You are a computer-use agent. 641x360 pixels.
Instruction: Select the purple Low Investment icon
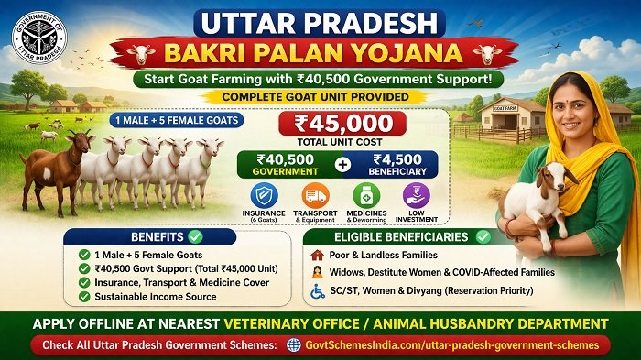tap(417, 196)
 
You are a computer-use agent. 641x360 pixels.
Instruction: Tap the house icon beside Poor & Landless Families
tap(317, 255)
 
